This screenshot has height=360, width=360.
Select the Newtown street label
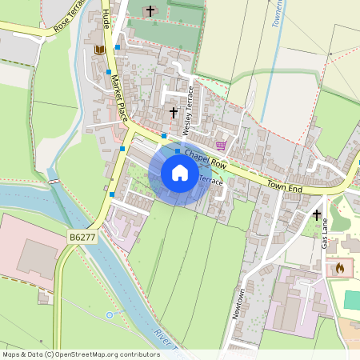[238, 304]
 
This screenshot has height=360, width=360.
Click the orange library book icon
[100, 50]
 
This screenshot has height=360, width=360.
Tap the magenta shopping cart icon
[221, 145]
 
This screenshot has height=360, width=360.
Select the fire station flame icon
[340, 268]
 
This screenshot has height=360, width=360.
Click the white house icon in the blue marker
[180, 173]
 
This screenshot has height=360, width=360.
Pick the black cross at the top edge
[150, 11]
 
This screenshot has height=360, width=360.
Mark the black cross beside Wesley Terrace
[174, 113]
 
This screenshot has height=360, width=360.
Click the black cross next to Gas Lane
[317, 215]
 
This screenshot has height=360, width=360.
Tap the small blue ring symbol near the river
[110, 315]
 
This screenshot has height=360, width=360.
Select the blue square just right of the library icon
[118, 48]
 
